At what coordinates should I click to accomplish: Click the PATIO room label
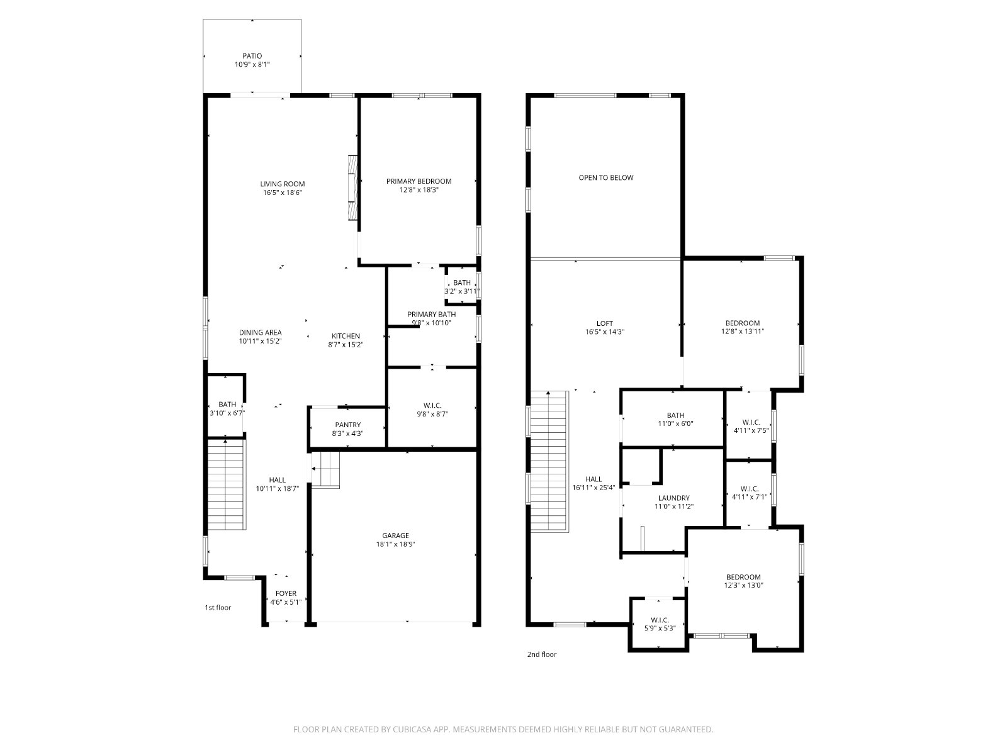tap(252, 56)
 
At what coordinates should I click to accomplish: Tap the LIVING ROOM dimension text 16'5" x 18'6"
tap(282, 193)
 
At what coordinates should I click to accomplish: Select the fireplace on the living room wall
tap(352, 188)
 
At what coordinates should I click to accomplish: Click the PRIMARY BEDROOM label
tap(419, 181)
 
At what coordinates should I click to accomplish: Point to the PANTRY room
tap(347, 427)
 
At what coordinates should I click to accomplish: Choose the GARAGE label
tap(395, 535)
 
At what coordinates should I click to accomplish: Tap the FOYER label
tap(286, 593)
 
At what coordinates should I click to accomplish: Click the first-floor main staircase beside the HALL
tap(226, 484)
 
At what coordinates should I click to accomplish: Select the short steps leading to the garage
tap(325, 469)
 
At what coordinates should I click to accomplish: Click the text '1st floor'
tap(218, 607)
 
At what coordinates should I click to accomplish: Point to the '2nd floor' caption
tap(542, 654)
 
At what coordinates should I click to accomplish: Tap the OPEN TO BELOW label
tap(605, 177)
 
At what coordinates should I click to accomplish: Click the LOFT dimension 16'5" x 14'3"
tap(605, 332)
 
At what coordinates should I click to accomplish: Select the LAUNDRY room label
tap(673, 498)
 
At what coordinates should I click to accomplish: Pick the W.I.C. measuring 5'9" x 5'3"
tap(660, 624)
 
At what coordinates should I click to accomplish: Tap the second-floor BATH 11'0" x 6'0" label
tap(675, 415)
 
